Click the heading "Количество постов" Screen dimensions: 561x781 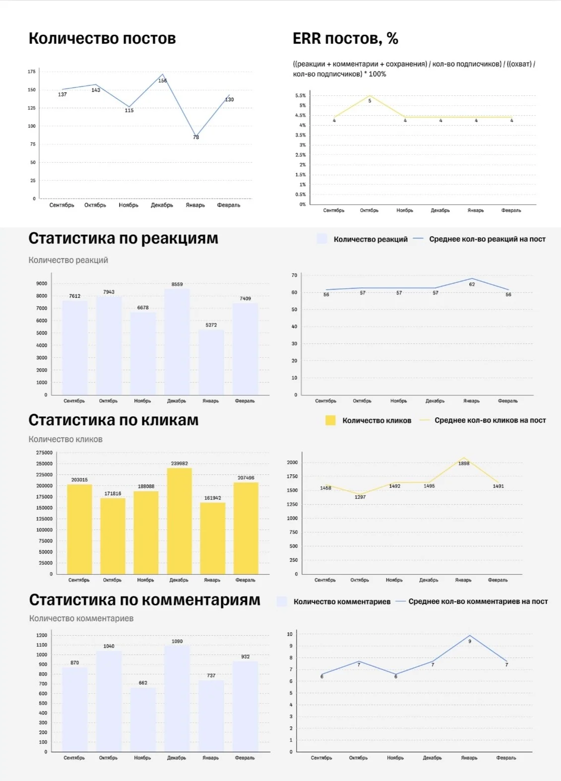(102, 38)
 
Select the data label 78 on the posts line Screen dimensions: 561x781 (196, 137)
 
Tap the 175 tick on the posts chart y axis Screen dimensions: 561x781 (32, 71)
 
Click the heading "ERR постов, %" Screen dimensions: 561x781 (345, 38)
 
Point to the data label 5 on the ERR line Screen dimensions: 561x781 (370, 101)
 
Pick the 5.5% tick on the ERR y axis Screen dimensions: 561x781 (301, 95)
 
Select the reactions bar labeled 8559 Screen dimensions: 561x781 (177, 342)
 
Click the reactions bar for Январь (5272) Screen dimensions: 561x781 (211, 362)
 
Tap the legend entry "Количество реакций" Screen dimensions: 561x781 (363, 239)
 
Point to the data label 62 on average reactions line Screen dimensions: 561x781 (472, 284)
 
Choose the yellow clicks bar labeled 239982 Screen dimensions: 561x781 (180, 521)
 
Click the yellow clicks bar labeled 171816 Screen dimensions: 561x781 (113, 536)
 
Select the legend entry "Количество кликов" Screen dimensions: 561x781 (369, 420)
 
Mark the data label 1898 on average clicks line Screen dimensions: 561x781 (464, 463)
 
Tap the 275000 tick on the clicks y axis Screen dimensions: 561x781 (44, 453)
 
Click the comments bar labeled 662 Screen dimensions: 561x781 (143, 719)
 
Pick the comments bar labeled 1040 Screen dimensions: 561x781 (109, 701)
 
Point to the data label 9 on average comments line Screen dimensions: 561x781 (470, 641)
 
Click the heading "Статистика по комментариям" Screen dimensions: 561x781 (145, 600)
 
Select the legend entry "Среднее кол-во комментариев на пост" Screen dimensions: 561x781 (472, 601)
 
